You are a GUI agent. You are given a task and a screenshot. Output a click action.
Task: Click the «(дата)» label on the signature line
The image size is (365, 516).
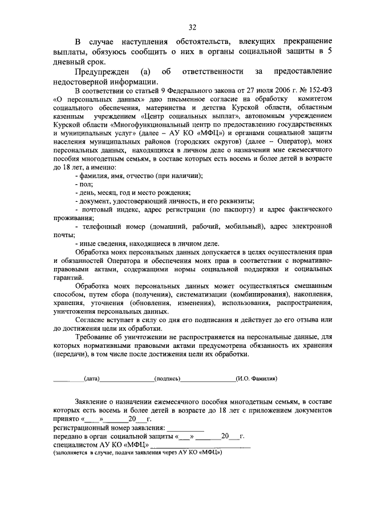point(92,378)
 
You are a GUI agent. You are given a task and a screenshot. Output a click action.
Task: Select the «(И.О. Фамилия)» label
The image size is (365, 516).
point(256,378)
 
